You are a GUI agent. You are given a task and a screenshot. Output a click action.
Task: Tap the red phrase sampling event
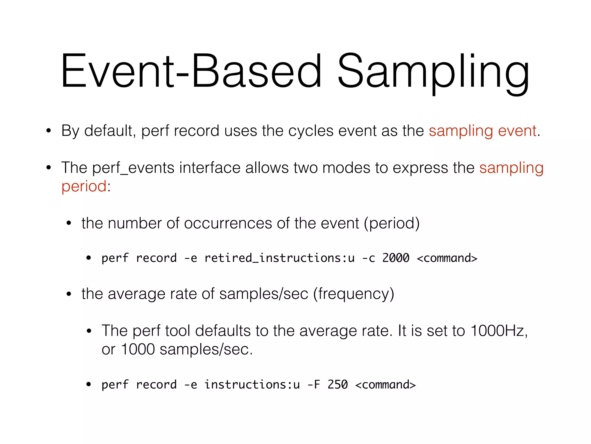(482, 131)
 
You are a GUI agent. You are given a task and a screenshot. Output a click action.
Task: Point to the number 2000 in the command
(396, 258)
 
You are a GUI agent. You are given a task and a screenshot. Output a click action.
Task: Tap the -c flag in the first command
(369, 258)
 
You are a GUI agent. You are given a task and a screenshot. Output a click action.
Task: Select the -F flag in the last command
(314, 385)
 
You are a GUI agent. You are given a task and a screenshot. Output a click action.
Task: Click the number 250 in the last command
(337, 385)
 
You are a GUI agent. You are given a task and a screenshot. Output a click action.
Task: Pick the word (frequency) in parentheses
(354, 294)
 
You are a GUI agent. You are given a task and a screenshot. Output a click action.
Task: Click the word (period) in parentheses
(392, 223)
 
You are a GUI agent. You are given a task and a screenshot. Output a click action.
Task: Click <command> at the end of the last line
(386, 385)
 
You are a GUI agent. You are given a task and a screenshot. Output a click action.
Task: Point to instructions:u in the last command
(252, 385)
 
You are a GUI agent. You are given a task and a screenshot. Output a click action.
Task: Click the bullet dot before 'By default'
(48, 131)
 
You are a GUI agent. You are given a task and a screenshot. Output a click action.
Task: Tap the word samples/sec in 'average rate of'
(264, 294)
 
